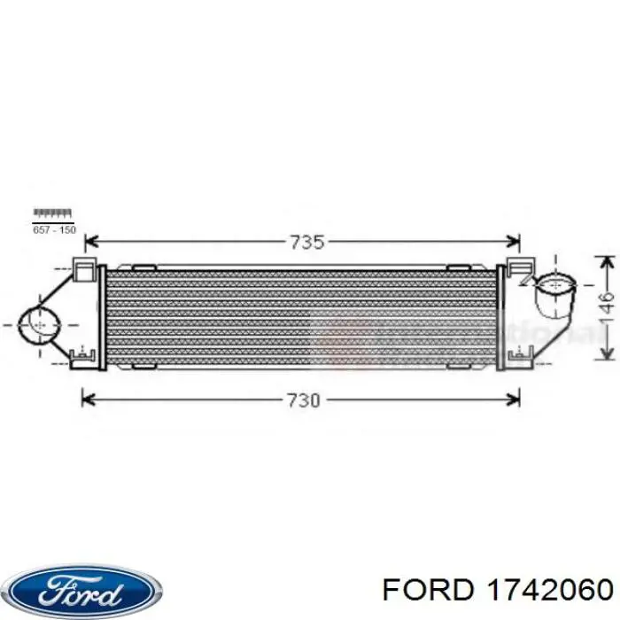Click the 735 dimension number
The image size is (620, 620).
302,241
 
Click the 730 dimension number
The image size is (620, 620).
302,399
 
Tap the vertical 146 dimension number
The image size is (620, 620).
604,307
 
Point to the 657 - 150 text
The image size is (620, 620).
54,229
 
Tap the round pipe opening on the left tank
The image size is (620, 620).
37,324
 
